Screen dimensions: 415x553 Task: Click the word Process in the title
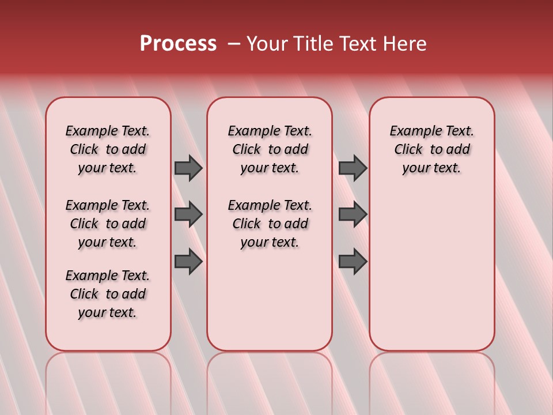pos(178,44)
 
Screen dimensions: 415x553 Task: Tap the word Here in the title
pos(406,44)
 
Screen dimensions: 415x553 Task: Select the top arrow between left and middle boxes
pos(188,168)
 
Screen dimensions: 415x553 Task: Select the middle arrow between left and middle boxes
pos(188,214)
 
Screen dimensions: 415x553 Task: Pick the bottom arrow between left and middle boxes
pos(188,262)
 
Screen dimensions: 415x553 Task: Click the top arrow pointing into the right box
pos(353,168)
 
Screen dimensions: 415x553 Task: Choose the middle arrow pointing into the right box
pos(353,214)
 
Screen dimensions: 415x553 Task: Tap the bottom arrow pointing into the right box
pos(353,262)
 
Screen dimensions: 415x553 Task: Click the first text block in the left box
pos(108,149)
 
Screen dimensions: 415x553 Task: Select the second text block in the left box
pos(108,224)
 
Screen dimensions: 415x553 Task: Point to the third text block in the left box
pos(108,294)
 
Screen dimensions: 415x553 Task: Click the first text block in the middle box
pos(270,149)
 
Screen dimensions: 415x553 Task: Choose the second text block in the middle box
pos(270,224)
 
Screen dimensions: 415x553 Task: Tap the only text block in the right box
pos(431,149)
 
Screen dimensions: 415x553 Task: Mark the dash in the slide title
pos(234,44)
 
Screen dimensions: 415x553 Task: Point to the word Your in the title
pos(267,44)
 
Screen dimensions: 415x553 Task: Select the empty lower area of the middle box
pos(270,300)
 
